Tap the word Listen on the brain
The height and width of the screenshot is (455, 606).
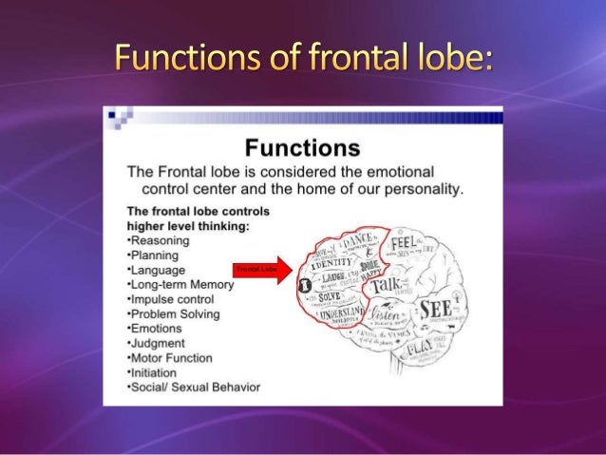(388, 312)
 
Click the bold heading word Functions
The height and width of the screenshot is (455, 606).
(302, 148)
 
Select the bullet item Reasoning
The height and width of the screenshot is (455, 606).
(161, 240)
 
